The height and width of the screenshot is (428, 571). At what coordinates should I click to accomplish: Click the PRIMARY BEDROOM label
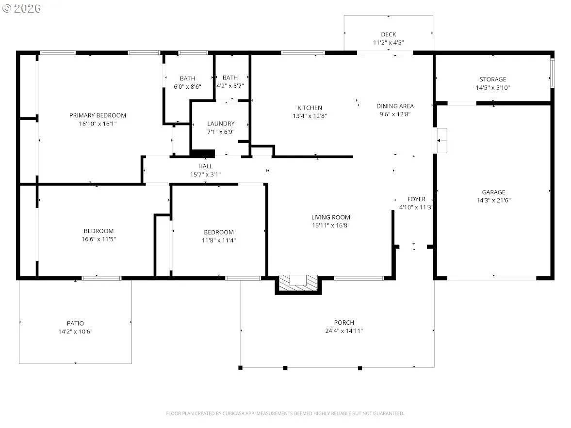pyautogui.click(x=98, y=115)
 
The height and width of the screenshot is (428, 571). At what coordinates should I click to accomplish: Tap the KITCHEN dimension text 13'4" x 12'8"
pyautogui.click(x=310, y=116)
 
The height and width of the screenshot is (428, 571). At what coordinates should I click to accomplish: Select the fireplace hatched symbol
pyautogui.click(x=298, y=283)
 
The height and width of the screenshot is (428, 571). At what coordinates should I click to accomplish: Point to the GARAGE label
pyautogui.click(x=493, y=192)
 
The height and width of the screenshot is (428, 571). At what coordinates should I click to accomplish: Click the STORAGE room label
pyautogui.click(x=493, y=79)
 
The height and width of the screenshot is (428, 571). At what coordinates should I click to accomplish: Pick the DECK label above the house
pyautogui.click(x=389, y=34)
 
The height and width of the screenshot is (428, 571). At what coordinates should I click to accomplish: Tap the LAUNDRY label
pyautogui.click(x=221, y=124)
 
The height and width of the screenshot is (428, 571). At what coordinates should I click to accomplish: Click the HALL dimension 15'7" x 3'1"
pyautogui.click(x=205, y=174)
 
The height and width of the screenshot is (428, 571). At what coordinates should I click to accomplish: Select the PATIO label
pyautogui.click(x=75, y=324)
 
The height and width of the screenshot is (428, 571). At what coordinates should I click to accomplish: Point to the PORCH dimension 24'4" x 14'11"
pyautogui.click(x=344, y=331)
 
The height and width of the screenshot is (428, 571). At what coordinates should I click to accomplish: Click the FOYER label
pyautogui.click(x=416, y=199)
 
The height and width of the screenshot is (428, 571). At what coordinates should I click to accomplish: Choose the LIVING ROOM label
pyautogui.click(x=331, y=217)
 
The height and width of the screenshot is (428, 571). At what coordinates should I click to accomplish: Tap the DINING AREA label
pyautogui.click(x=395, y=106)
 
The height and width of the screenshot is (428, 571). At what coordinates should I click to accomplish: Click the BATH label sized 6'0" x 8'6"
pyautogui.click(x=188, y=79)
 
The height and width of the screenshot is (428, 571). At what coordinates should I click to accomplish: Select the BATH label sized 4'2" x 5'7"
pyautogui.click(x=230, y=78)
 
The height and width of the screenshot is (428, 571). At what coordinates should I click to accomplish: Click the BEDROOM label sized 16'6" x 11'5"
pyautogui.click(x=98, y=231)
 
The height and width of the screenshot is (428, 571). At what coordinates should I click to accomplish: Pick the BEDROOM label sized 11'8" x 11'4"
pyautogui.click(x=219, y=232)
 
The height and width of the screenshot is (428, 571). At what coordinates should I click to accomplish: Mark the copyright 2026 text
pyautogui.click(x=21, y=8)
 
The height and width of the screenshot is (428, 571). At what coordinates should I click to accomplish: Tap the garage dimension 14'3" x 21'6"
pyautogui.click(x=494, y=201)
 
